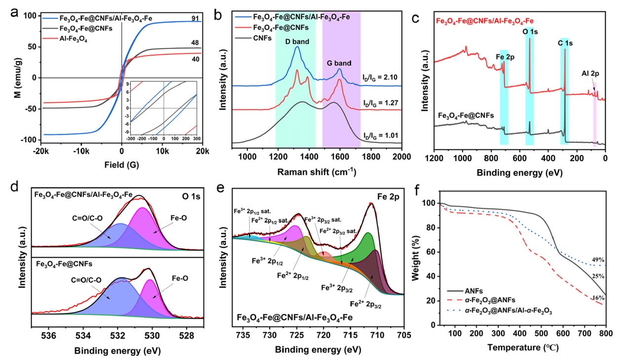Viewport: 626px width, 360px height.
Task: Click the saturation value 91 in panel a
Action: (x=196, y=19)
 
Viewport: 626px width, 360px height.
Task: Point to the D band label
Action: (x=297, y=41)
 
